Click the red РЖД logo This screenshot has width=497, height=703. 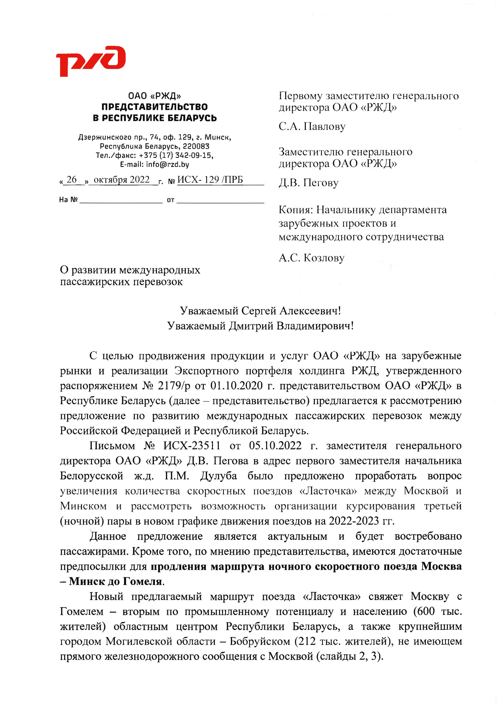click(91, 61)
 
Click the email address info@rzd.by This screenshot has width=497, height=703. click(167, 164)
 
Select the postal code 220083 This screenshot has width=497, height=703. click(196, 146)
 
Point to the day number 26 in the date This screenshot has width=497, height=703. click(72, 180)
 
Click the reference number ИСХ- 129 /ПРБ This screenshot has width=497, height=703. click(210, 180)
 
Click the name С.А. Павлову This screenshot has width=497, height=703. click(312, 126)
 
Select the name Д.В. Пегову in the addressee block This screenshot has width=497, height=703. click(308, 183)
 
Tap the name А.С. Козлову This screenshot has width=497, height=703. click(311, 258)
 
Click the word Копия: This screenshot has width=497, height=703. click(296, 210)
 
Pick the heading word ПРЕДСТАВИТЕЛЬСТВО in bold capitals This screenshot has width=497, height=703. click(155, 107)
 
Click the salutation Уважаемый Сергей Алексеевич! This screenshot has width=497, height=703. click(260, 311)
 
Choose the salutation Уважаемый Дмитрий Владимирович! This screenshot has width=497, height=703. click(260, 326)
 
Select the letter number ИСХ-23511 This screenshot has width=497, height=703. click(192, 446)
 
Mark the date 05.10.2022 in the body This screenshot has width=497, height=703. click(275, 446)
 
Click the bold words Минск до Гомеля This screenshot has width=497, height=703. click(115, 581)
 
